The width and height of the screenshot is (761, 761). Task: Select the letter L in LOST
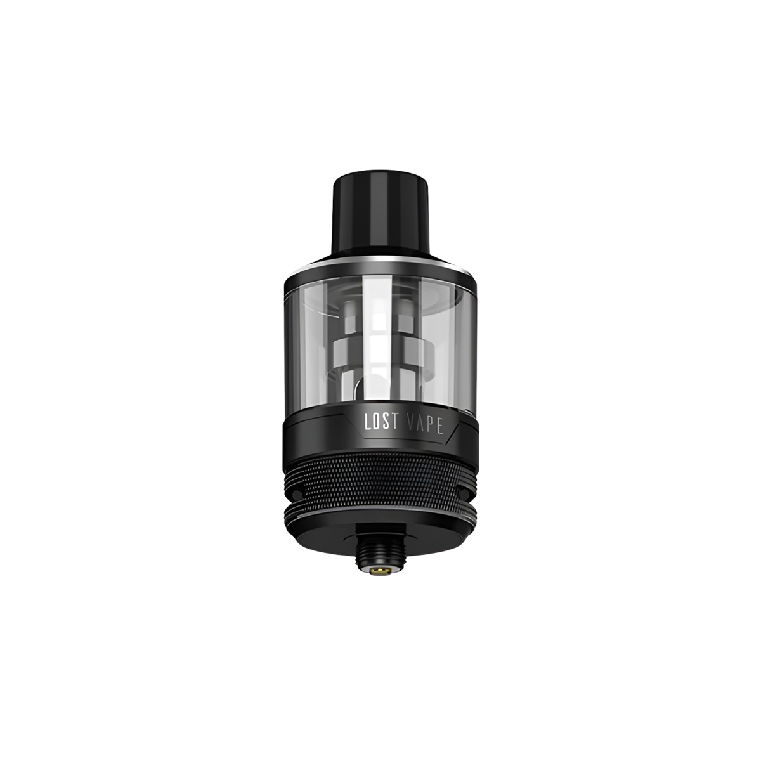368,423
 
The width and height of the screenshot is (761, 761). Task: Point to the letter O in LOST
378,423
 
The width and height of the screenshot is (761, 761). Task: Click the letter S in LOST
388,423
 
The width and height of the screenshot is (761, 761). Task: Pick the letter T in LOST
397,423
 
